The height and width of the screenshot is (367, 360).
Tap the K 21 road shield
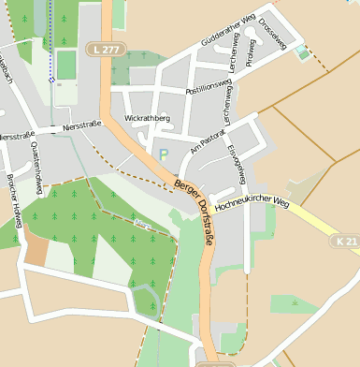pyautogui.click(x=345, y=242)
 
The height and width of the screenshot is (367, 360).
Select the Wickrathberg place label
pyautogui.click(x=147, y=119)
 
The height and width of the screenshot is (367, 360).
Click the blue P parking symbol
pyautogui.click(x=164, y=154)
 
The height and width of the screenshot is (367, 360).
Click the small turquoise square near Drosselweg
pyautogui.click(x=300, y=52)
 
